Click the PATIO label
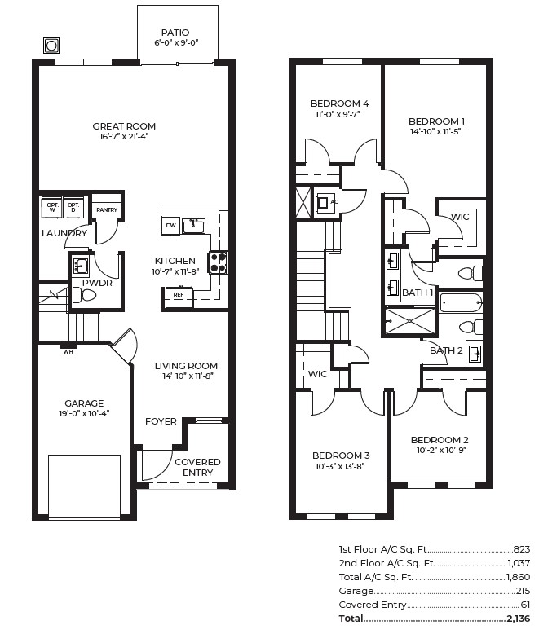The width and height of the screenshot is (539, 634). pyautogui.click(x=175, y=33)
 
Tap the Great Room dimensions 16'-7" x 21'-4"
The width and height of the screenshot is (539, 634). pyautogui.click(x=124, y=138)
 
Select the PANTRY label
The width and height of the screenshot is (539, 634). pyautogui.click(x=107, y=210)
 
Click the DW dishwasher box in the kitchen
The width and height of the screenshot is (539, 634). pyautogui.click(x=170, y=225)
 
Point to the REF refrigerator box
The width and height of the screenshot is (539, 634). pyautogui.click(x=178, y=294)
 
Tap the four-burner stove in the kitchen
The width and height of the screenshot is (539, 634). pyautogui.click(x=219, y=262)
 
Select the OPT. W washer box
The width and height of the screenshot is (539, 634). pyautogui.click(x=53, y=207)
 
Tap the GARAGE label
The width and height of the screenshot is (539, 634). pyautogui.click(x=84, y=403)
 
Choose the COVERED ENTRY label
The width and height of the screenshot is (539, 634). pyautogui.click(x=197, y=467)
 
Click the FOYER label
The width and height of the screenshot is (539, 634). pyautogui.click(x=161, y=421)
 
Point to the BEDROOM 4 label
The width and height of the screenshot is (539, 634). pyautogui.click(x=339, y=103)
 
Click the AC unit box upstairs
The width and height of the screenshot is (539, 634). pyautogui.click(x=328, y=201)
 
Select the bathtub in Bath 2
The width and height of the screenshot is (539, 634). pyautogui.click(x=461, y=303)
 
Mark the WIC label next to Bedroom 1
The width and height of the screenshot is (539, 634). pyautogui.click(x=460, y=217)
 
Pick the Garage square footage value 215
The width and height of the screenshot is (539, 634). pyautogui.click(x=523, y=591)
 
